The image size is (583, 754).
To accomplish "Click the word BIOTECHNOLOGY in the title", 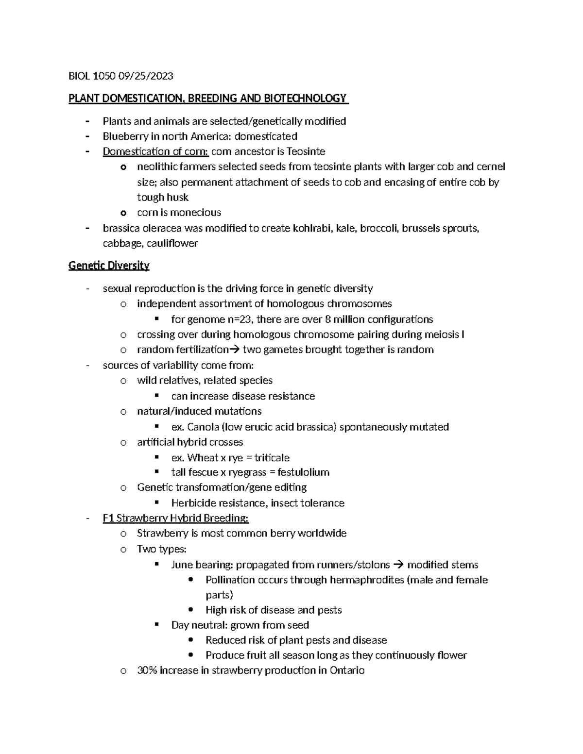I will pos(306,99).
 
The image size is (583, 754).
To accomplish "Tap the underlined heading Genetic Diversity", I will pos(109,266).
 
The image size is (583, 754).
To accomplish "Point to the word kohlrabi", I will pos(312,228).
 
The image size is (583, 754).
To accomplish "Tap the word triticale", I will pos(272,458).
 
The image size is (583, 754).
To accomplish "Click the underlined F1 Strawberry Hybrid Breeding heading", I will pos(175,519).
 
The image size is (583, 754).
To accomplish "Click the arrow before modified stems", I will pos(398,565).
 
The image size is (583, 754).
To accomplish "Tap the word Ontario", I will pos(347,670).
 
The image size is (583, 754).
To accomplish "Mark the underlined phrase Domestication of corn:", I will pos(155,151).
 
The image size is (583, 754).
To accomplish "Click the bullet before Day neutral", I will pos(157,625).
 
